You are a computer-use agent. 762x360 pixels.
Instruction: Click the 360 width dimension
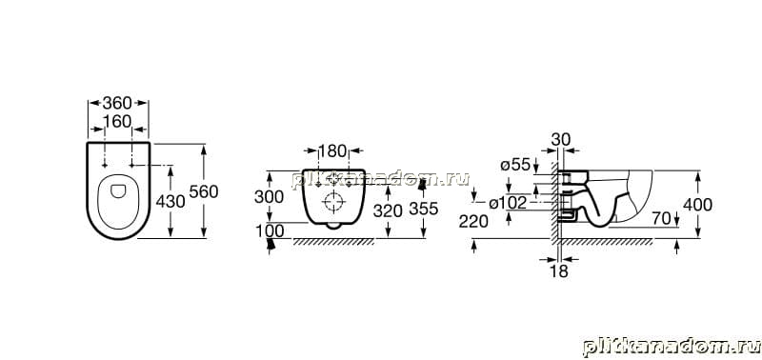coord(117,103)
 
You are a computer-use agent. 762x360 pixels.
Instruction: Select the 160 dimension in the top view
coord(117,122)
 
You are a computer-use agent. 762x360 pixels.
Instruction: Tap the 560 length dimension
coord(204,191)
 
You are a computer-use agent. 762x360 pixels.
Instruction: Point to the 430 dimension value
coord(170,201)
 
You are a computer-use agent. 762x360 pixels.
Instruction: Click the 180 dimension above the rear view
coord(333,150)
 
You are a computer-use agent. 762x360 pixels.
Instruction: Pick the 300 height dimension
coord(269,197)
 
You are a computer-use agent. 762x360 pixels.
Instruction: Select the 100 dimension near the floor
coord(270,231)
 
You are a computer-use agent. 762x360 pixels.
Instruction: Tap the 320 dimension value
coord(388,210)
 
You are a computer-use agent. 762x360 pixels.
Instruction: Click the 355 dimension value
coord(424,209)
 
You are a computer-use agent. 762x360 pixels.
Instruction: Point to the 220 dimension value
coord(473,222)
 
